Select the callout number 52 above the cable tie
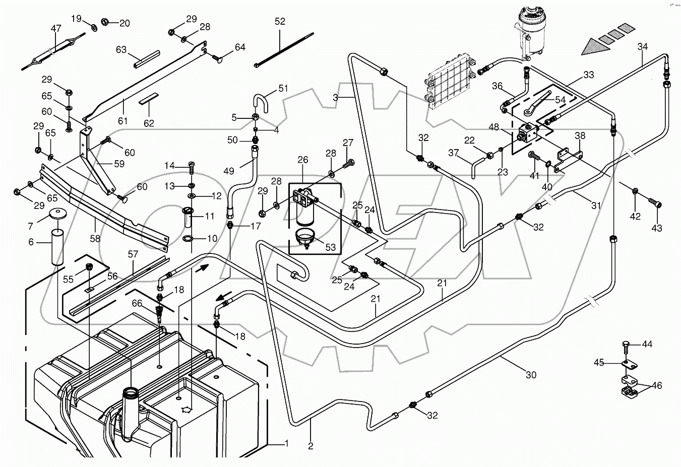[x=280, y=22]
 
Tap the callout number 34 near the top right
[x=642, y=47]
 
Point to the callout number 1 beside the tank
[x=286, y=444]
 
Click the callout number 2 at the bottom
[x=311, y=445]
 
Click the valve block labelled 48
[x=528, y=132]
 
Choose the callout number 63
[x=121, y=49]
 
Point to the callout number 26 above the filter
[x=302, y=160]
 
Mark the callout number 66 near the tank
[x=137, y=304]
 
